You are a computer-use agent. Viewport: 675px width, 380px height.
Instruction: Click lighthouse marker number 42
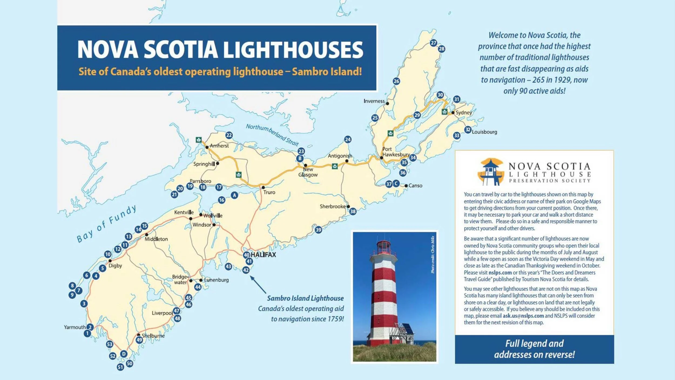coord(246,270)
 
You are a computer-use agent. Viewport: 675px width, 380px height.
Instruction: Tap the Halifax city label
coord(263,255)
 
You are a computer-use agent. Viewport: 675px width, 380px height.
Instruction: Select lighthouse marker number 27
coord(433,43)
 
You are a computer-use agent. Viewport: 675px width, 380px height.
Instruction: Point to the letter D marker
coord(124,354)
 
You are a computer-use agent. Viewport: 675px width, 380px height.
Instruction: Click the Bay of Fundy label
coord(107,224)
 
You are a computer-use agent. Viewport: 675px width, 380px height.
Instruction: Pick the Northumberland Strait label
coord(272,135)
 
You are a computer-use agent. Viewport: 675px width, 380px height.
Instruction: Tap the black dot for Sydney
coord(453,113)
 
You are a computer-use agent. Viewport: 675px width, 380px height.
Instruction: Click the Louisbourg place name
coord(484,132)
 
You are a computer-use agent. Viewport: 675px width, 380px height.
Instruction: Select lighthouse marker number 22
coord(229,135)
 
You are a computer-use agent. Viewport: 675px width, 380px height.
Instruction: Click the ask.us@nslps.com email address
coord(523,316)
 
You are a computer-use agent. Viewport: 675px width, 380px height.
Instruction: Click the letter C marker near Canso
coord(396,184)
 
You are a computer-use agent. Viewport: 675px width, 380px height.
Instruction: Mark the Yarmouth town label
coord(75,327)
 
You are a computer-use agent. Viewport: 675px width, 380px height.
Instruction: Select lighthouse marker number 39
coord(318,230)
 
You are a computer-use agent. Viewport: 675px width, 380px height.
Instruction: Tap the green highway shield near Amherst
coord(199,140)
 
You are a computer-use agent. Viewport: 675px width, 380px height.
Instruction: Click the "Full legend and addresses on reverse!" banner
coord(534,349)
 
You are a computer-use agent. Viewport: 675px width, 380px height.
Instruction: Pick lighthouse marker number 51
coord(120,367)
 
